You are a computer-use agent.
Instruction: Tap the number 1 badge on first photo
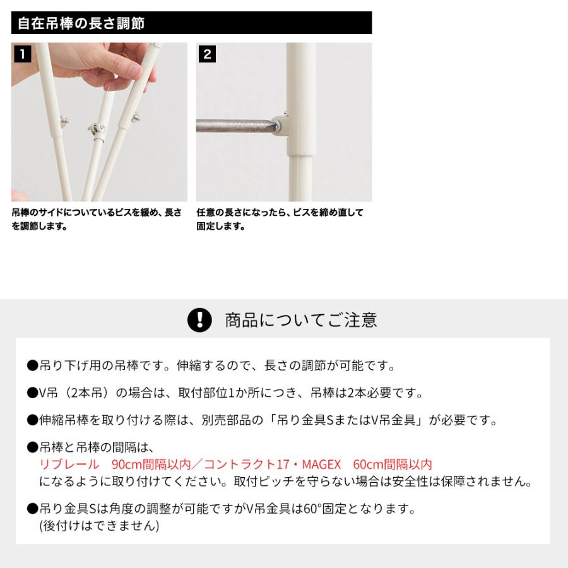21,54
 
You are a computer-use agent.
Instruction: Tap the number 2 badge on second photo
206,54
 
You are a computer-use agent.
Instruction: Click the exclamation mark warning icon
200,320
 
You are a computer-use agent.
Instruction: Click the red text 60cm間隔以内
393,464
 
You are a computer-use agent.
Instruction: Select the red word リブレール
69,464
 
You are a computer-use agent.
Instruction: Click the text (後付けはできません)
99,525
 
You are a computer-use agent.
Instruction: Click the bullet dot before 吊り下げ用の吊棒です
33,366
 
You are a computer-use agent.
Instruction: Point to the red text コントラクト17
252,464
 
